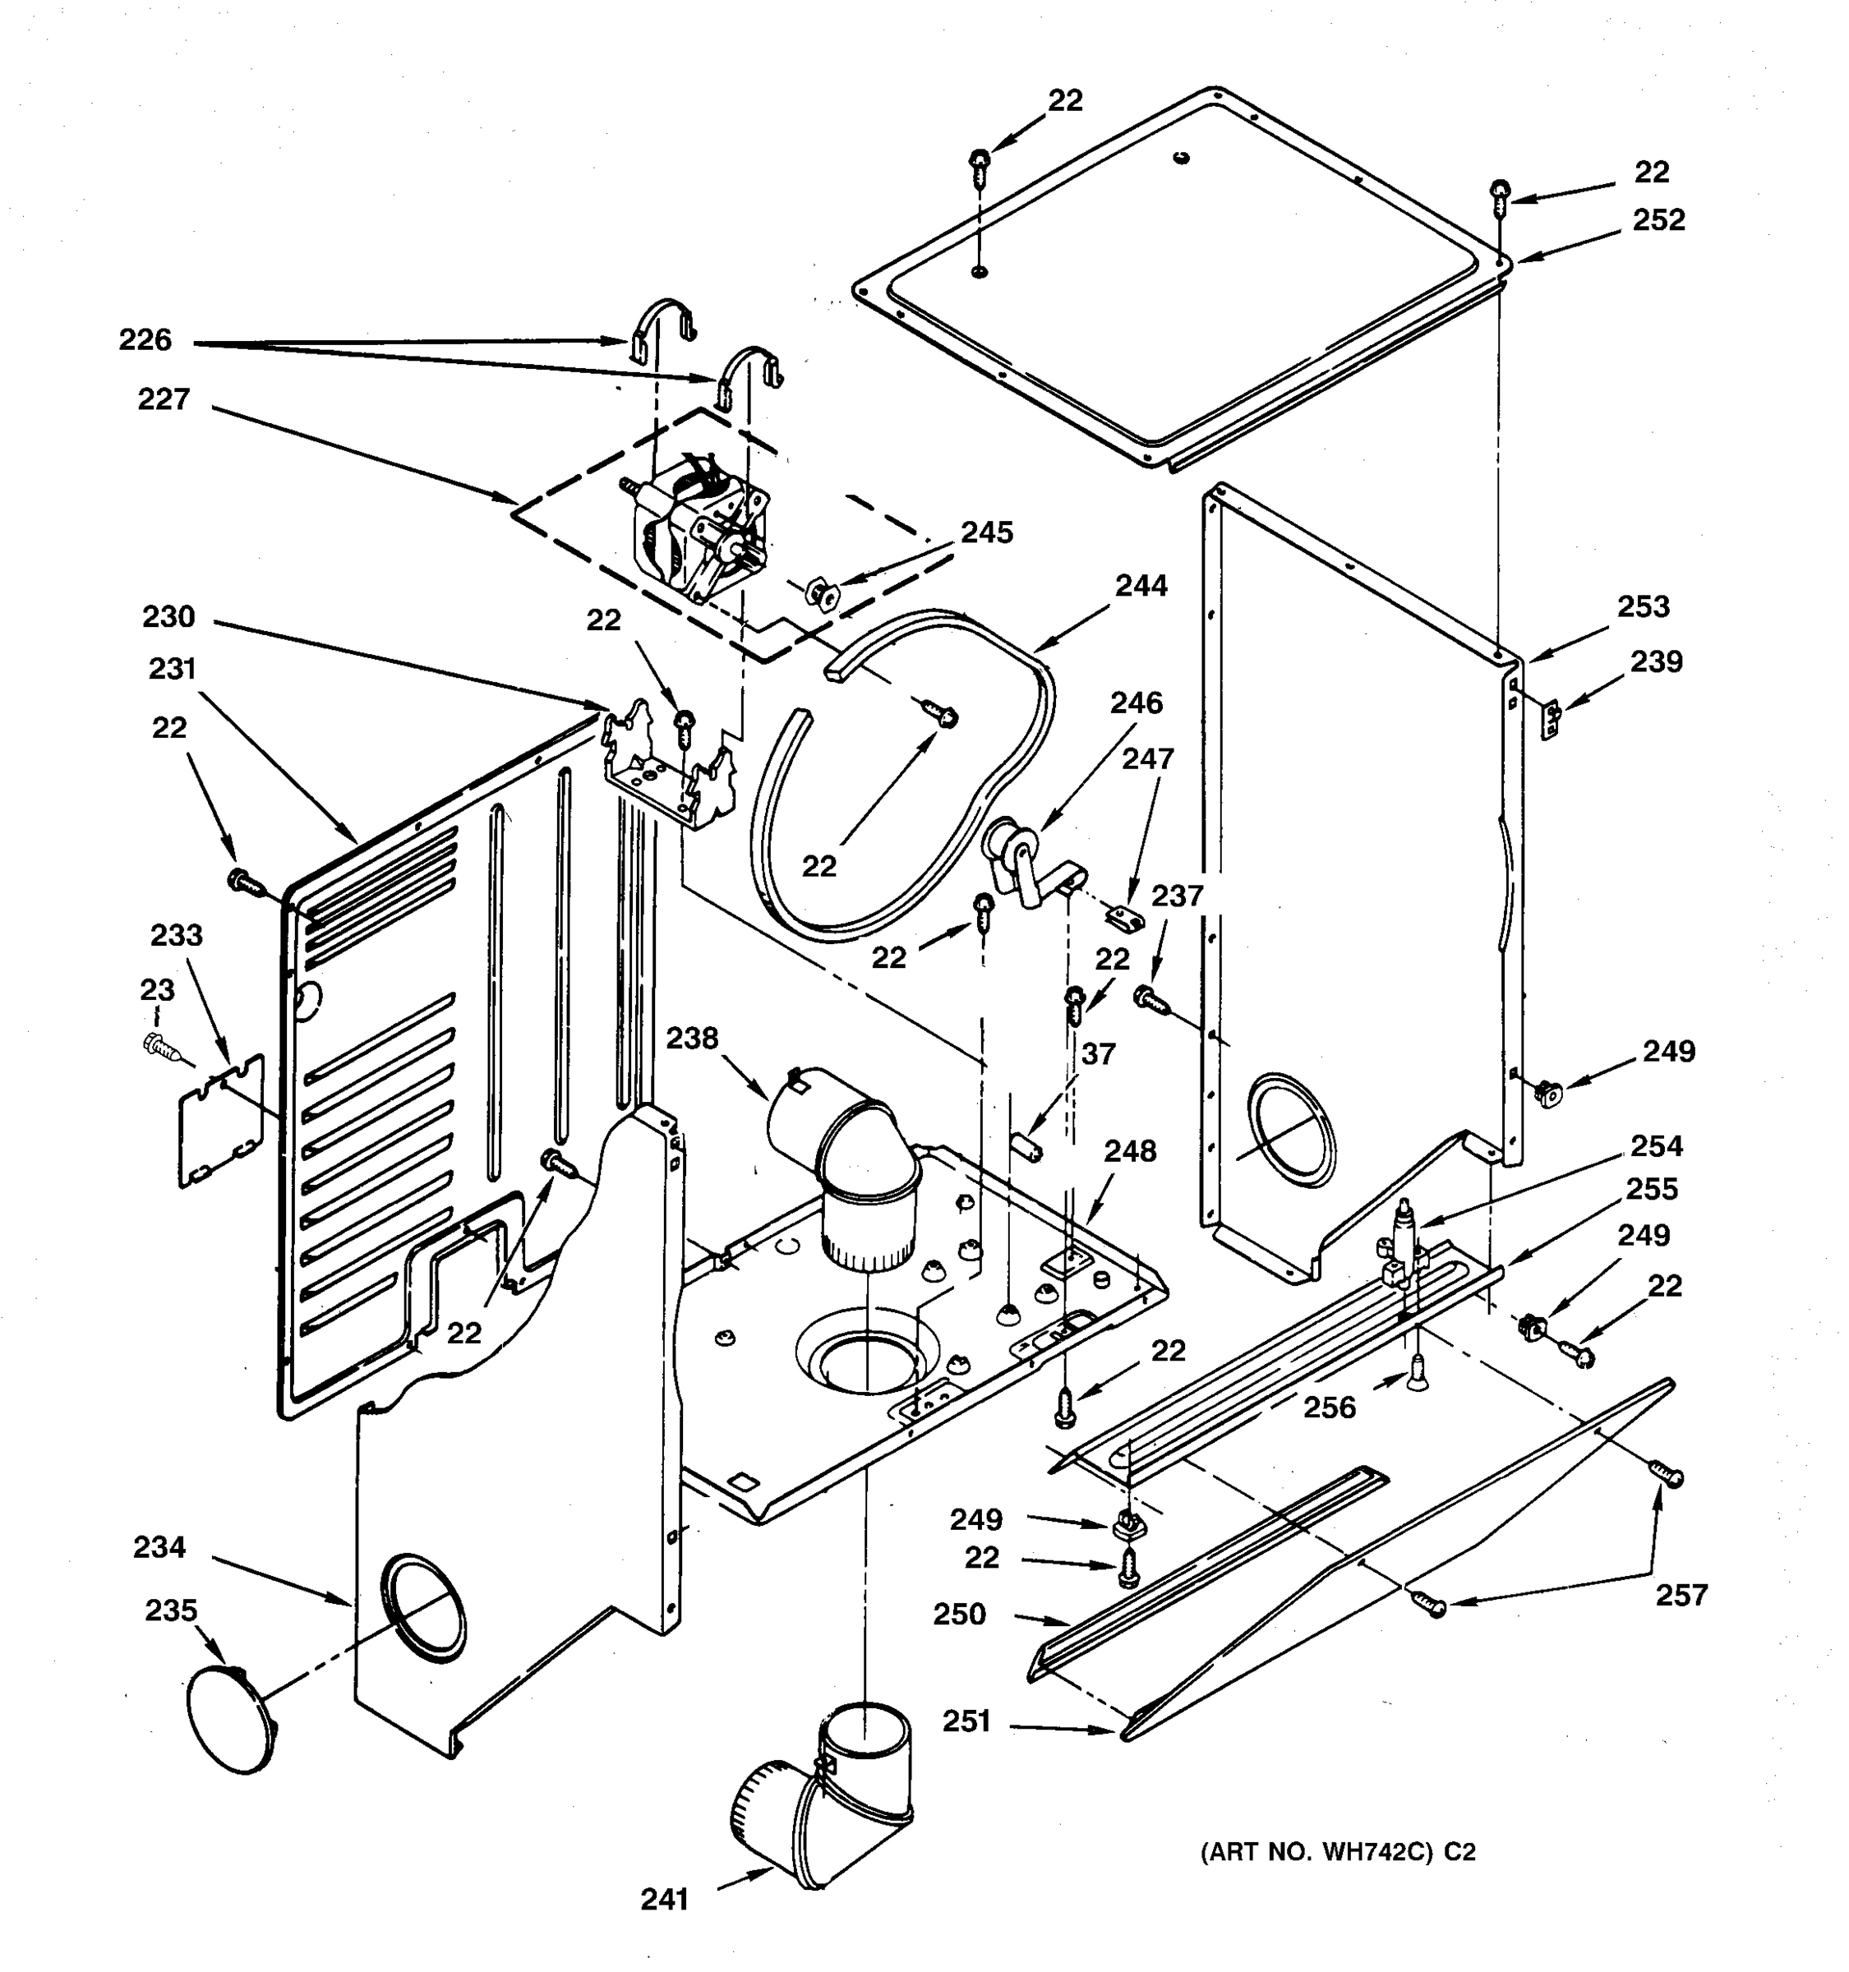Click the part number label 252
coord(1658,220)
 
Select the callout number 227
coord(164,400)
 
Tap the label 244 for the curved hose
coord(1141,586)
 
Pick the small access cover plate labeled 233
coord(220,1121)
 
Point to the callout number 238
coord(691,1039)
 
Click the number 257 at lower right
coord(1681,1595)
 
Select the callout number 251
coord(966,1722)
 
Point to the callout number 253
coord(1643,606)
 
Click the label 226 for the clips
coord(145,340)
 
